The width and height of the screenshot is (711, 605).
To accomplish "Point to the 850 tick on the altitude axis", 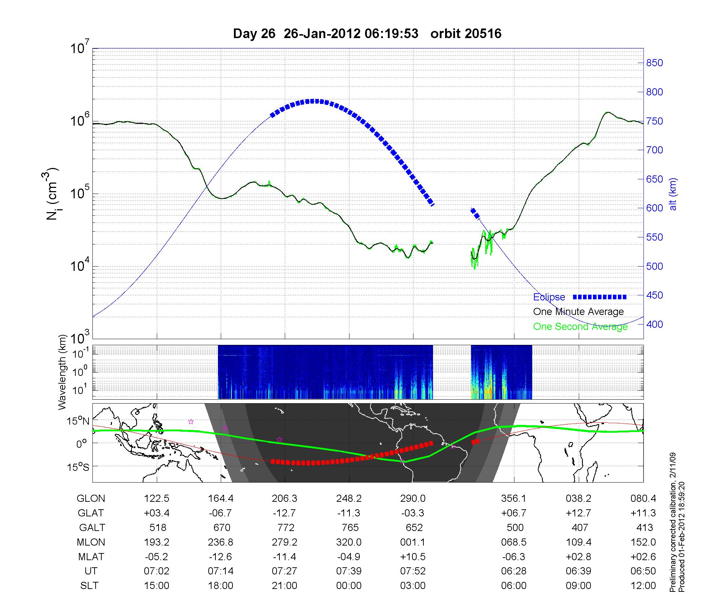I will click(654, 63).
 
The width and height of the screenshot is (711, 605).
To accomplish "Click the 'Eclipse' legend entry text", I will click(549, 297).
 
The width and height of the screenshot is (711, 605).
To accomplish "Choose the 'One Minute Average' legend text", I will click(578, 312).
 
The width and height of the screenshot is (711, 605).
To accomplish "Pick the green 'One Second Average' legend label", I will click(580, 327).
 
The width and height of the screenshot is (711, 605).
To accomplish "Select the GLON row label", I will click(91, 499).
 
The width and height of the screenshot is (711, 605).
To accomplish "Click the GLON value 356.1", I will click(514, 499).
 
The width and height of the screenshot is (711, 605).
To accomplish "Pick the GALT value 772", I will click(285, 527).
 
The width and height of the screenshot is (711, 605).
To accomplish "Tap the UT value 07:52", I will click(413, 571).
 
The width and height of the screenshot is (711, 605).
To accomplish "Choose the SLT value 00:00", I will click(349, 585).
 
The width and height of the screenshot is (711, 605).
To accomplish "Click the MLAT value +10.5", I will click(413, 557).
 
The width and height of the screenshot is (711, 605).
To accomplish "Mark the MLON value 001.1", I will click(413, 542).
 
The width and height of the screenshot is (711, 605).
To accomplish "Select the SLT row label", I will click(89, 585).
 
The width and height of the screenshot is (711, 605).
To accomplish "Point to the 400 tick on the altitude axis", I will click(654, 324).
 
